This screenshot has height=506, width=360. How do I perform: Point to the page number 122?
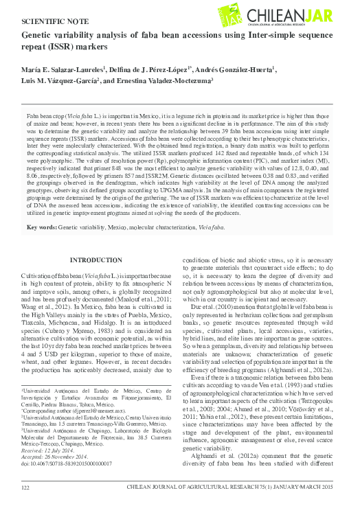[x=26, y=487]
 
